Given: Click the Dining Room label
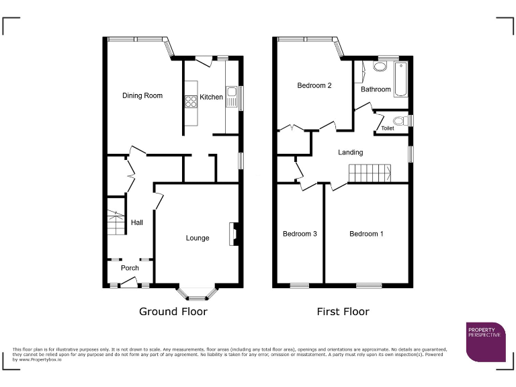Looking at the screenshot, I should pos(142,96).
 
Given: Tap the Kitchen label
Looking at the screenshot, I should pos(211,97).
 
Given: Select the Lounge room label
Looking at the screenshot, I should pos(198,238).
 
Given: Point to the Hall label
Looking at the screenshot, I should pos(137,222).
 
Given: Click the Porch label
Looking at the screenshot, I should pos(130,268).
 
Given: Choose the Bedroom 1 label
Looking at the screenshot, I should pos(366,234).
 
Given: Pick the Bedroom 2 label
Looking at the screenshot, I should pos(314,85).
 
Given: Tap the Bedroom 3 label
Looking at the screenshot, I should pos(300,234).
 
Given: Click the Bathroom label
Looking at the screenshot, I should pos(376,89).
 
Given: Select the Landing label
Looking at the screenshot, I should pos(351,153).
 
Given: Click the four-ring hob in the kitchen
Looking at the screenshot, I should pos(190,102).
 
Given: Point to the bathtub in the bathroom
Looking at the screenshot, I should pos(402,80).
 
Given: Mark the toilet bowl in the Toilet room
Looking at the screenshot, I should pos(400,121).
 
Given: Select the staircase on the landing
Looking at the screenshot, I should pos(370,173).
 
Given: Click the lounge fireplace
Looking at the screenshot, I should pos(233,234).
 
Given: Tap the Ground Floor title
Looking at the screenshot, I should pos(173,312).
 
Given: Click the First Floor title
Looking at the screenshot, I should pos(343,312).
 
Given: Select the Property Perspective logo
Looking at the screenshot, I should pos(486,341).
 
